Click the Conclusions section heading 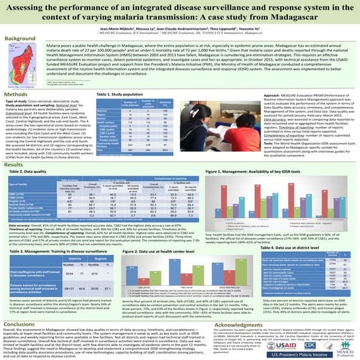pos(23,304)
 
